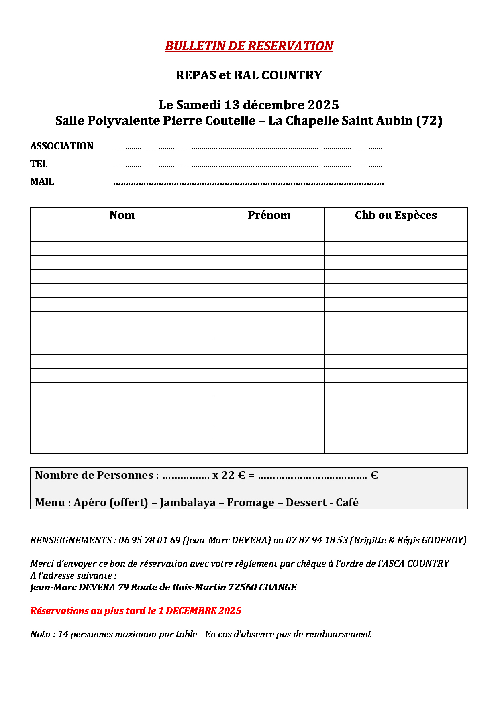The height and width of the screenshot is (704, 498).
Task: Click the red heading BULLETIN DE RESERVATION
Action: coord(249,46)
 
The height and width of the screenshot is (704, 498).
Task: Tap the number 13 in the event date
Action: coord(232,105)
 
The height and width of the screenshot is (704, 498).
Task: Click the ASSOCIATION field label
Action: coord(61,146)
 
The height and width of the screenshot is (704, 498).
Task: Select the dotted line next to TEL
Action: coord(247,165)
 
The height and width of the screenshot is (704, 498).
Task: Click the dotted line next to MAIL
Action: coord(248,183)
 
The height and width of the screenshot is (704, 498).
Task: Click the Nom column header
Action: coord(122,216)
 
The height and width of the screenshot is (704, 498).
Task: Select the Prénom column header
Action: coord(269,216)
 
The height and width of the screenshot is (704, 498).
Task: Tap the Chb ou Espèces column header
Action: coord(396,216)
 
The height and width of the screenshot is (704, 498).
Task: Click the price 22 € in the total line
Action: coord(233,476)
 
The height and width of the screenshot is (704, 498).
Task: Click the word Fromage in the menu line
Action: coord(251,503)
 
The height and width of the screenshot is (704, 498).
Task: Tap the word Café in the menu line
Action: coord(347,503)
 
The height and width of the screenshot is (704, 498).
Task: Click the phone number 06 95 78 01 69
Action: coord(149,541)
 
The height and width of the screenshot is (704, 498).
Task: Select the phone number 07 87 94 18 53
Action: coord(316,541)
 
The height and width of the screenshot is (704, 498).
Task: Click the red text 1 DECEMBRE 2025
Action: coord(200,611)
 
